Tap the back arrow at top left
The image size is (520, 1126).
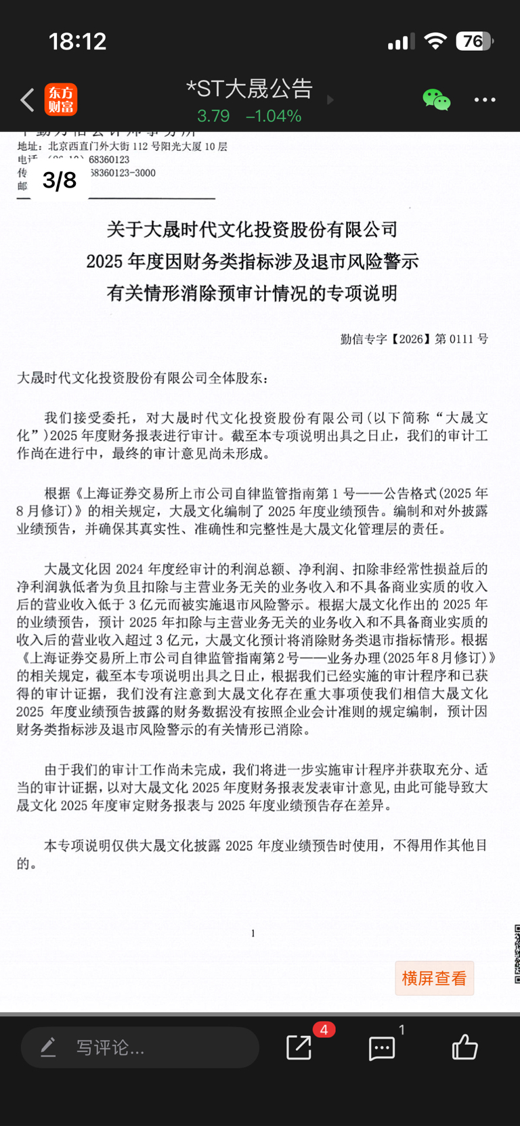(27, 100)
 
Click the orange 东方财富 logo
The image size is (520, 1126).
(61, 100)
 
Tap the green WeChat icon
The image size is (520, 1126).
(436, 100)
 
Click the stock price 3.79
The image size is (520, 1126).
(213, 116)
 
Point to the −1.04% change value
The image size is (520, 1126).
(274, 116)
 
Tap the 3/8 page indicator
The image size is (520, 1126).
(60, 180)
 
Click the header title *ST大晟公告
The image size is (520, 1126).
(249, 89)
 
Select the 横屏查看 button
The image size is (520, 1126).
(434, 978)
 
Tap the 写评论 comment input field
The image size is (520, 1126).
(139, 1047)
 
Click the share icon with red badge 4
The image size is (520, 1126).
(299, 1047)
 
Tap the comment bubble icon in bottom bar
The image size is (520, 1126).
(382, 1048)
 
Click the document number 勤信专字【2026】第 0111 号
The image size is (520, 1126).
(414, 339)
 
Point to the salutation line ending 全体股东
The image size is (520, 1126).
(142, 378)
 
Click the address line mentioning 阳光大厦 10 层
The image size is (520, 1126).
(123, 146)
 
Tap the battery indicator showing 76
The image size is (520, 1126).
(474, 41)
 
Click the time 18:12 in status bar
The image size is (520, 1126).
(78, 41)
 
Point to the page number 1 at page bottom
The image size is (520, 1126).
(253, 933)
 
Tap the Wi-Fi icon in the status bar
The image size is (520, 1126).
(435, 41)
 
